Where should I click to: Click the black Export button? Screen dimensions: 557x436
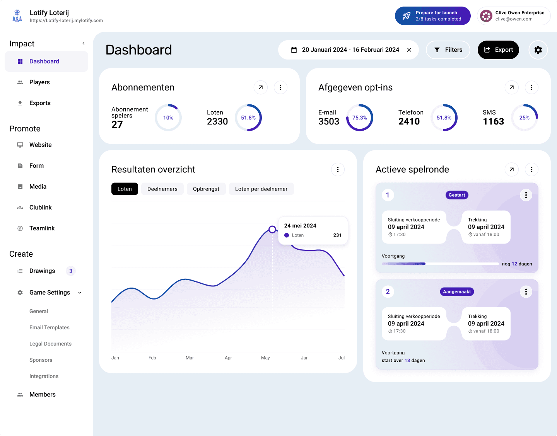point(498,49)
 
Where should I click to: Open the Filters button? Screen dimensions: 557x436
point(448,49)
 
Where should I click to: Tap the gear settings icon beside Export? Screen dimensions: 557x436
point(538,49)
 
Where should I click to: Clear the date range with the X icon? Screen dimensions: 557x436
point(409,50)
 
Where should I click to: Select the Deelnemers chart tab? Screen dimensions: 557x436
point(162,189)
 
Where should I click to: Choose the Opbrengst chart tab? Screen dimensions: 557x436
point(206,189)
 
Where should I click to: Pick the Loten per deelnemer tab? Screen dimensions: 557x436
point(261,189)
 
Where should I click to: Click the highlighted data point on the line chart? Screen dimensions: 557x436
point(272,229)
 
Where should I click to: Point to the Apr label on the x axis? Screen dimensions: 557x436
point(228,358)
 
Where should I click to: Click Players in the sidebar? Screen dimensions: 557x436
point(39,82)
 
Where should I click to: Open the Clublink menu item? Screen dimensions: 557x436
point(40,208)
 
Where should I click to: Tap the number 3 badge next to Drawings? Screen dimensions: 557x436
point(71,271)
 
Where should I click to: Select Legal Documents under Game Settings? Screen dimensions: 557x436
point(50,344)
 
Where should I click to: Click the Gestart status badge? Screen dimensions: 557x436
point(457,195)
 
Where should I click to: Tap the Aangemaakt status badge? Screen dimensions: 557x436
point(457,291)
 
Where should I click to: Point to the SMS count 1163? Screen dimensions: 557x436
point(493,121)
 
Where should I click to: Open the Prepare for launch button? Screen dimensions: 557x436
point(433,16)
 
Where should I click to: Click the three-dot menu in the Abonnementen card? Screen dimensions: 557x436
point(280,88)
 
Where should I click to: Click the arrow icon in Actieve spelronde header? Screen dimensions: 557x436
point(511,169)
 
